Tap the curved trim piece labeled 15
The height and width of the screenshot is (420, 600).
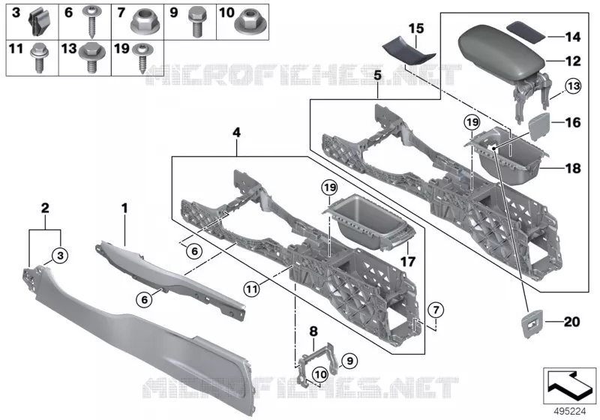[408, 52]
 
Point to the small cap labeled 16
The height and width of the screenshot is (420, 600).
[539, 124]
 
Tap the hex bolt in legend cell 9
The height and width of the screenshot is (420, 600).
[196, 22]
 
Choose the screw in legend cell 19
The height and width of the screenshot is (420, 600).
[142, 58]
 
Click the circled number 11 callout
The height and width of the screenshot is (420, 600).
[252, 289]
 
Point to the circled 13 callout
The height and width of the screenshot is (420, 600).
[573, 86]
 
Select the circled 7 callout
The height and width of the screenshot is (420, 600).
[436, 310]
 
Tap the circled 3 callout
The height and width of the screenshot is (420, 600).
[61, 255]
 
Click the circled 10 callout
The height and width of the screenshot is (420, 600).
[320, 374]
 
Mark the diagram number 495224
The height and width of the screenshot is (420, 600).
[570, 412]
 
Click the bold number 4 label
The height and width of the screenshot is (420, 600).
[237, 133]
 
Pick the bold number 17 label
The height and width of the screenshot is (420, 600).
[408, 262]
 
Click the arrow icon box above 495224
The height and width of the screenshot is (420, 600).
[570, 386]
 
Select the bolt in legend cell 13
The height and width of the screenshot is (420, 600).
[91, 58]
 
